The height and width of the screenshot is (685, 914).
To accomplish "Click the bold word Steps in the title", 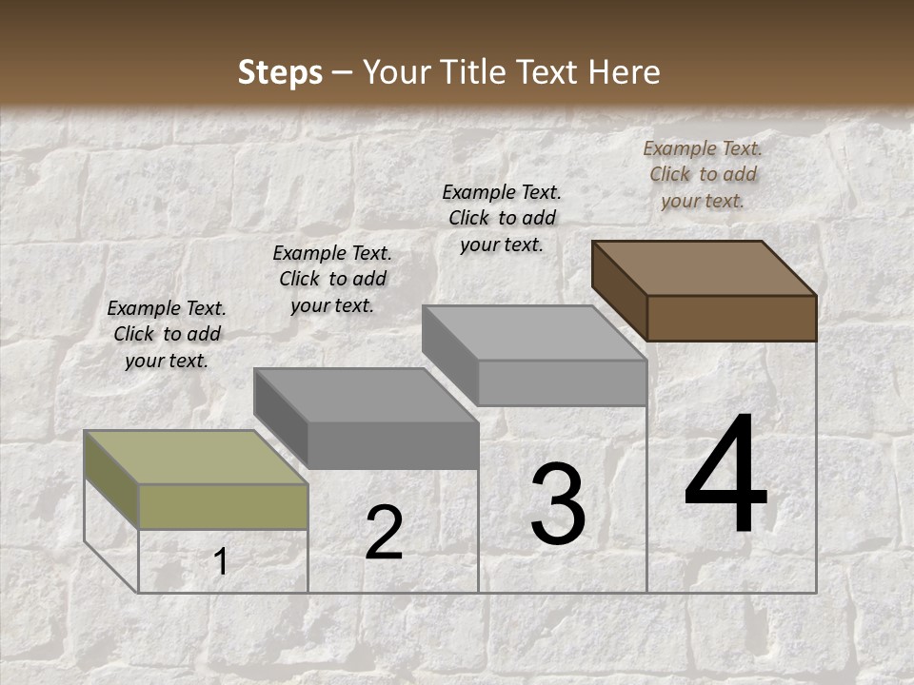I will (279, 72).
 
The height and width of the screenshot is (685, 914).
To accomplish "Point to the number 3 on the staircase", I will (558, 504).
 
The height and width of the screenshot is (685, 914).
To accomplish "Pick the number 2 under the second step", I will (384, 533).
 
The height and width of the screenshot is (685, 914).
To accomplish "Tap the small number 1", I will (220, 562).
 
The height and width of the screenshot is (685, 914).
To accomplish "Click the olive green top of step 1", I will (195, 457).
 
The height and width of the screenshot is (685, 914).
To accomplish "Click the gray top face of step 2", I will (366, 394).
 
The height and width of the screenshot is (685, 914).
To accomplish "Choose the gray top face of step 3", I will (534, 332).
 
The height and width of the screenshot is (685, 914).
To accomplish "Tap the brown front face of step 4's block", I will (731, 318).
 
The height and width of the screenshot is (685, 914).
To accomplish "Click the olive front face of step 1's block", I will (224, 506).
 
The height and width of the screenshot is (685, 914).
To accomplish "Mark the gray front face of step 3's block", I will (562, 382).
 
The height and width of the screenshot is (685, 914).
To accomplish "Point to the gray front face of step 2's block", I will (392, 445).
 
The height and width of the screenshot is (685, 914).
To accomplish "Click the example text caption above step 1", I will (167, 335).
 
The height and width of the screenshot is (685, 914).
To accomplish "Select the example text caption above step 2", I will (332, 279).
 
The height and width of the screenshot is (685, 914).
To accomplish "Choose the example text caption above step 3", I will (502, 218).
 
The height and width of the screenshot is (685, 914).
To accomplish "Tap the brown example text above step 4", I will (703, 174).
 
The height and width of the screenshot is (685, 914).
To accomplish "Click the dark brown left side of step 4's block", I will (619, 289).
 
